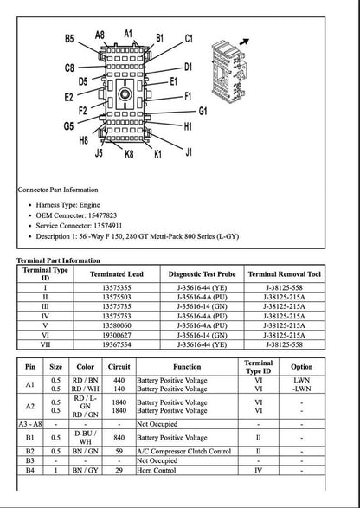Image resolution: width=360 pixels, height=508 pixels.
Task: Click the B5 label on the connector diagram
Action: (68, 39)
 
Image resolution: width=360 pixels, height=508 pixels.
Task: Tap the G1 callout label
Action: (204, 111)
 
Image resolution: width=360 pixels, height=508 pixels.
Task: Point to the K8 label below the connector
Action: (128, 154)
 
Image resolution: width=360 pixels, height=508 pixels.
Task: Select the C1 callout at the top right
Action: (188, 39)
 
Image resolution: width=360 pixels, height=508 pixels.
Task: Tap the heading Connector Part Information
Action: (58, 190)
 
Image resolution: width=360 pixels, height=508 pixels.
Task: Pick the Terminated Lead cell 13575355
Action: (117, 287)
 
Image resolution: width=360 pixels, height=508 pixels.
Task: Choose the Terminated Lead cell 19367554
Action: (117, 344)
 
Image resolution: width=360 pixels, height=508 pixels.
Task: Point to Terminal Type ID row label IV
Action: (45, 316)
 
